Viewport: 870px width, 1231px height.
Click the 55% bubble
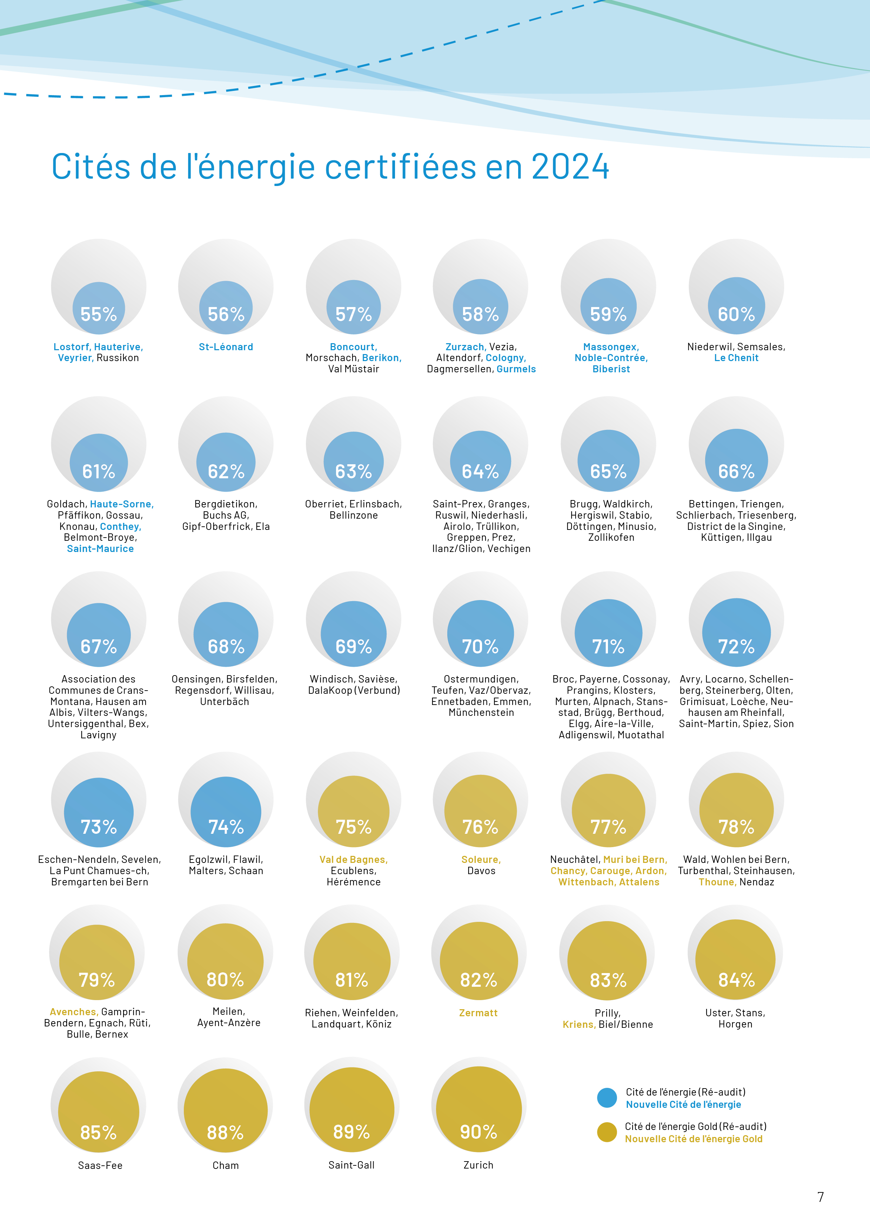tap(99, 308)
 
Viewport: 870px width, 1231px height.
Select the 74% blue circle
tap(226, 812)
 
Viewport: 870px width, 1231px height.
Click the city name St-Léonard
tap(226, 347)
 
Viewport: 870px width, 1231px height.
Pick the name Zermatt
tap(478, 1013)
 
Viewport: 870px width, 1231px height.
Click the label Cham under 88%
tap(226, 1165)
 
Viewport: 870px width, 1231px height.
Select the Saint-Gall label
tap(352, 1165)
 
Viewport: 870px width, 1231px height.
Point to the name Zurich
tap(478, 1165)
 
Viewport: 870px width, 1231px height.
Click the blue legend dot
tap(607, 1098)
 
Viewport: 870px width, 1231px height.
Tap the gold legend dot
tap(607, 1132)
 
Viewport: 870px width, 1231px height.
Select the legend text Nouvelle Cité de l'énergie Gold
tap(694, 1139)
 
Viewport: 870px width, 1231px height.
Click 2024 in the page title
tap(570, 167)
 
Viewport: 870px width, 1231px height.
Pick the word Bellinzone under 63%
tap(354, 515)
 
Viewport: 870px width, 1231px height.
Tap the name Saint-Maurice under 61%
tap(100, 548)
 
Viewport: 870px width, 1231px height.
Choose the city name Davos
tap(481, 871)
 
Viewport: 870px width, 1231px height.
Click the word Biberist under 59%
tap(611, 369)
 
